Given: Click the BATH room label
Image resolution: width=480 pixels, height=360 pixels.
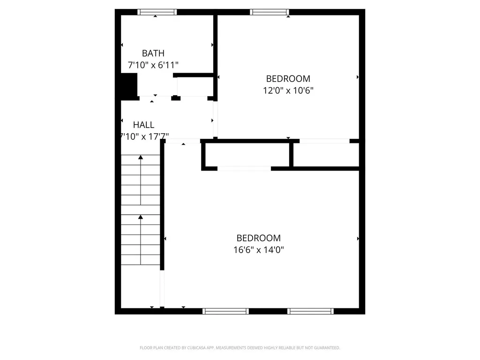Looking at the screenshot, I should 153,53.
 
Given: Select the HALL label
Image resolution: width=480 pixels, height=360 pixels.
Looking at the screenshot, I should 143,125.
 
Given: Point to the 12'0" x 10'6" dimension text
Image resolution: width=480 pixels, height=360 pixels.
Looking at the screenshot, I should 288,90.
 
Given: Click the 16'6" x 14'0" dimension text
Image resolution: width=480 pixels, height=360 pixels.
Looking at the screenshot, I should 258,249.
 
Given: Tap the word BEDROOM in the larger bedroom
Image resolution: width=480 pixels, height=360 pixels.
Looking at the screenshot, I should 258,238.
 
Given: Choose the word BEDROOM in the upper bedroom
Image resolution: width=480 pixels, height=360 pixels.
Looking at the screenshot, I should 288,79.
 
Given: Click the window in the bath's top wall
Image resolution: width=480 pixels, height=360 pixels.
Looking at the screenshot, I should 157,12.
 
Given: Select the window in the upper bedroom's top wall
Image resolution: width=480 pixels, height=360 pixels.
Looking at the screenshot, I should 270,12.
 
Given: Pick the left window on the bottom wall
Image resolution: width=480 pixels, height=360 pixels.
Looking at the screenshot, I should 225,311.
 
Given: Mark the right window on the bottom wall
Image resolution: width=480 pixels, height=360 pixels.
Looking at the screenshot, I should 310,311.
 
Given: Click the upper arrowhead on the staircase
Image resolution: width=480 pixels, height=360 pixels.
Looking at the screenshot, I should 141,157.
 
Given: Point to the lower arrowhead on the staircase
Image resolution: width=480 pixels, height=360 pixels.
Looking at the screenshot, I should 141,217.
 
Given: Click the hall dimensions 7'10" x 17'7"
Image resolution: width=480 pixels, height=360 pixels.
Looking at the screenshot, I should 144,136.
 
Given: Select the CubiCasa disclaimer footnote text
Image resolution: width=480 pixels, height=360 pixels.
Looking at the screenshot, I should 240,348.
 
